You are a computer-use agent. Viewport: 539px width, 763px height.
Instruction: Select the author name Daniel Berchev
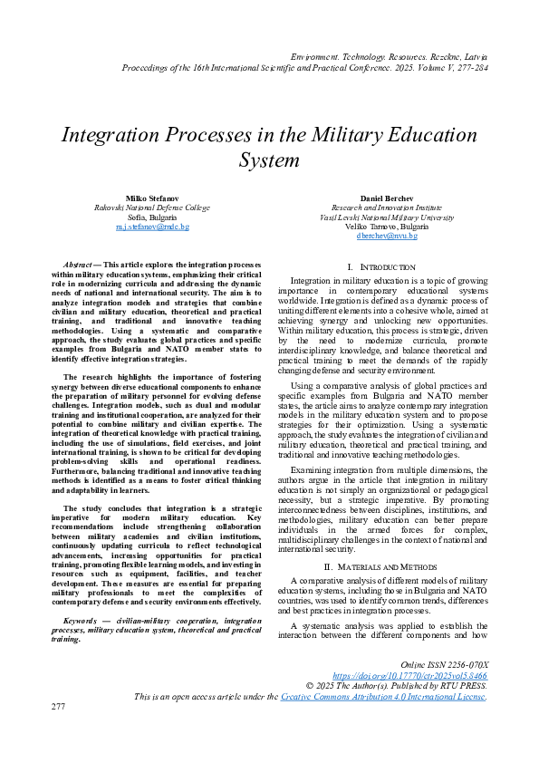point(387,198)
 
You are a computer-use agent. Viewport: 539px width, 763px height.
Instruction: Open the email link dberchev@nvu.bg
point(387,236)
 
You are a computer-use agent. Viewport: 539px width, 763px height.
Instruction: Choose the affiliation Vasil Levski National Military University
point(387,217)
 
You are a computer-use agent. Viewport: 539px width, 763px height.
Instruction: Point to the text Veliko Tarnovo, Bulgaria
point(387,227)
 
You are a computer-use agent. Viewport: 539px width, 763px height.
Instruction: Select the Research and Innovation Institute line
point(387,208)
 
